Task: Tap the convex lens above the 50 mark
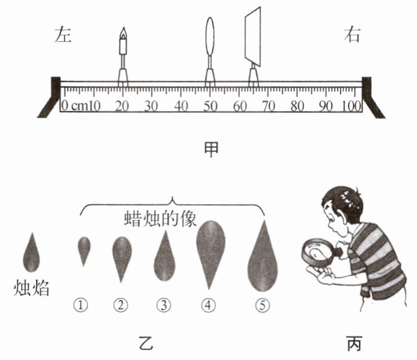point(210,36)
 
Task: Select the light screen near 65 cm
point(253,35)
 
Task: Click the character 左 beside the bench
point(64,35)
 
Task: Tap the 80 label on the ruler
point(296,105)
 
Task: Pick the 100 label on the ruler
point(352,105)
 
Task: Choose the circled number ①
point(83,304)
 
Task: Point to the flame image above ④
point(210,251)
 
